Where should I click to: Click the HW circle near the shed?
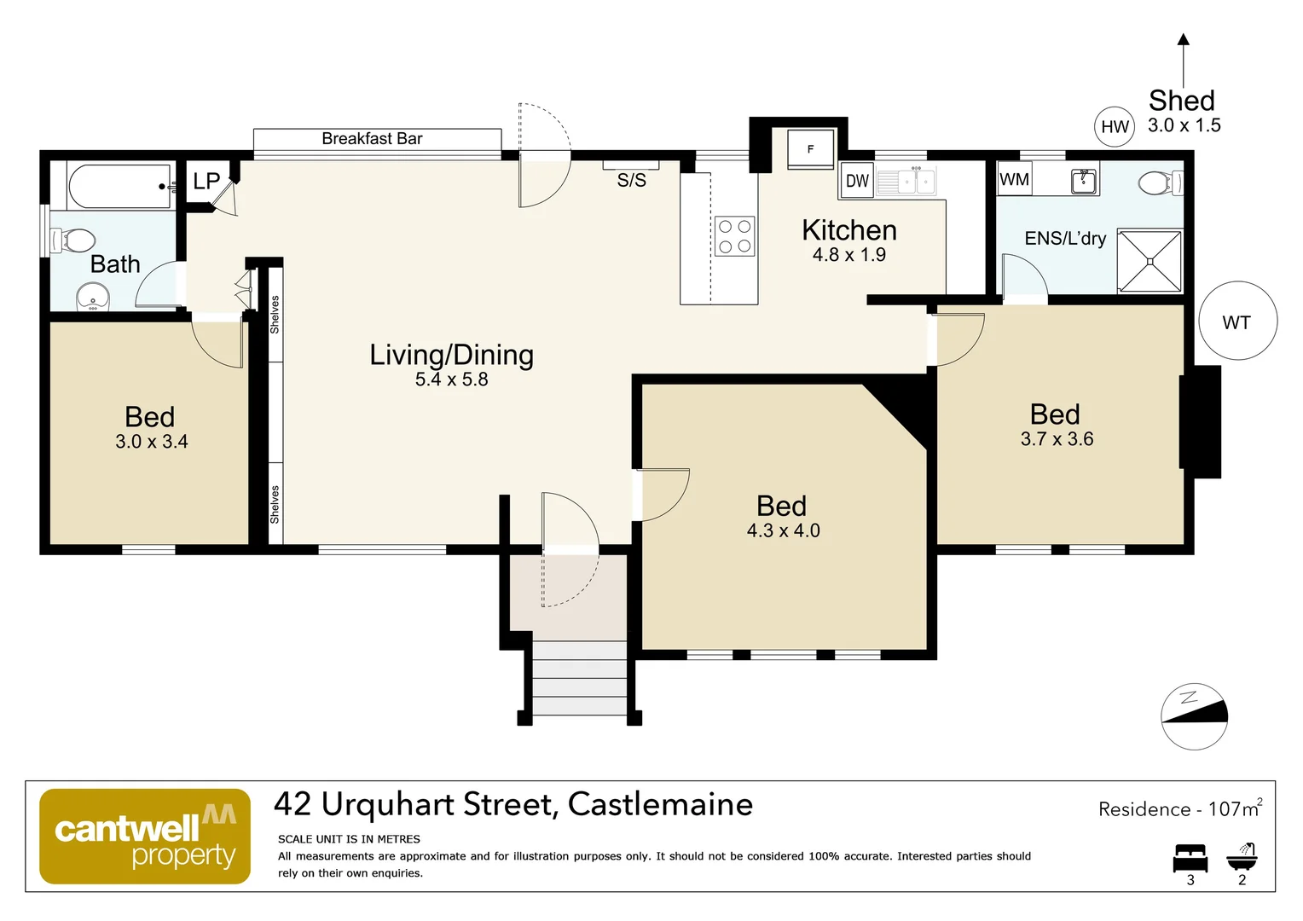tap(1115, 127)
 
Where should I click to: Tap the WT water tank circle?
tap(1237, 321)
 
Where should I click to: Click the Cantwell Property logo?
tap(145, 837)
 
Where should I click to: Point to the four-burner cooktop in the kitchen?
tap(734, 236)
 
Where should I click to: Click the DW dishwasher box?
tap(857, 181)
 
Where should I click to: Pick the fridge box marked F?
tap(810, 149)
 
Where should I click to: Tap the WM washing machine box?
tap(1014, 179)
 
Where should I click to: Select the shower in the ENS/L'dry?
tap(1150, 260)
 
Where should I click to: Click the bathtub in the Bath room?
tap(120, 186)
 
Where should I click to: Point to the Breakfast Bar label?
tap(372, 138)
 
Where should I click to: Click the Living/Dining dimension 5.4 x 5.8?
tap(451, 379)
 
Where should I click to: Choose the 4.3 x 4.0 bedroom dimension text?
tap(783, 530)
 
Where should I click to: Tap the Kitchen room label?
tap(848, 230)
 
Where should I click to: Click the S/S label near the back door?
tap(631, 180)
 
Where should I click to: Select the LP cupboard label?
tap(206, 181)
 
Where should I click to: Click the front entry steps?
tap(579, 678)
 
